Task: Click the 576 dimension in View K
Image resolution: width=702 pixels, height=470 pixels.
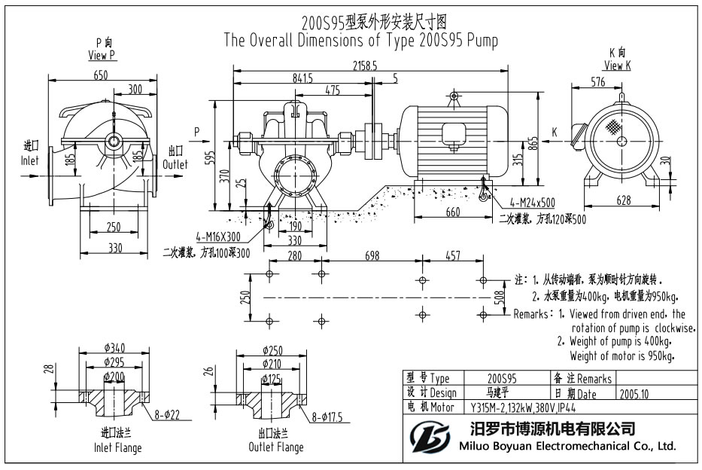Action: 598,82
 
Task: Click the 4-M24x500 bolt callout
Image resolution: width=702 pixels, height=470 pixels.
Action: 531,202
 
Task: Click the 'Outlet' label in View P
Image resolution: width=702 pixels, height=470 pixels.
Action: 175,164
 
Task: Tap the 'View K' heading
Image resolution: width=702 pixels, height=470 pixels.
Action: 617,66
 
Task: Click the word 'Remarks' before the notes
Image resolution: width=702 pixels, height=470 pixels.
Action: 530,314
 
